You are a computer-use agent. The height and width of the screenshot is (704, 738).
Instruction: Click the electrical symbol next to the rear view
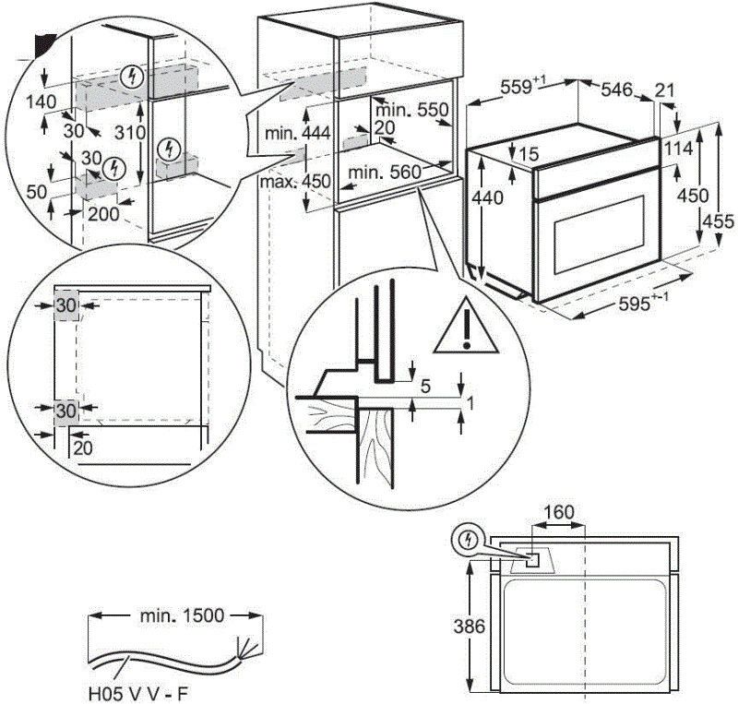pyautogui.click(x=470, y=540)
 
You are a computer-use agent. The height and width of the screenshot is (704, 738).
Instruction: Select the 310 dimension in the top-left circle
pyautogui.click(x=135, y=133)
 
